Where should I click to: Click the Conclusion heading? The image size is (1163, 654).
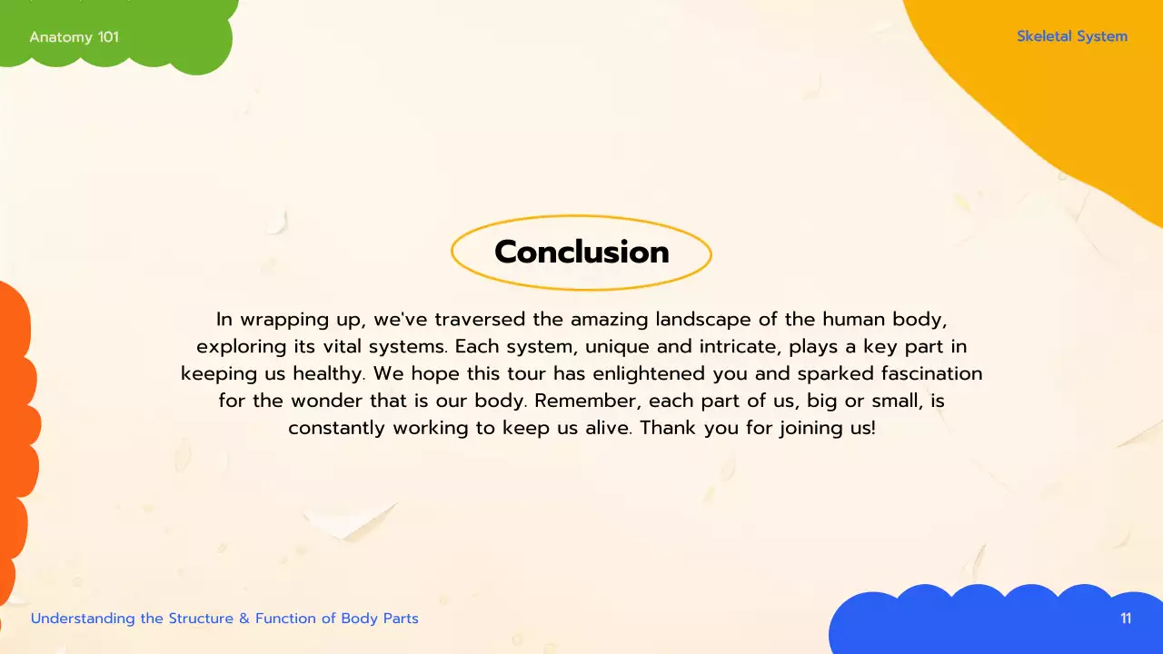click(581, 252)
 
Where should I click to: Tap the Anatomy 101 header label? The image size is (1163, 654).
click(74, 37)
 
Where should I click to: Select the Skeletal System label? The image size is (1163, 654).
click(1072, 36)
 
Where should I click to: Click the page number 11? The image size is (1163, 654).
click(1126, 619)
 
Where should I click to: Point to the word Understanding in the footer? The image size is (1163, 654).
click(83, 619)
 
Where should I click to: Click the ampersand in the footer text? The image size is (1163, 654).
click(244, 619)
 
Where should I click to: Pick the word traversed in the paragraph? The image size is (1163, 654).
click(480, 320)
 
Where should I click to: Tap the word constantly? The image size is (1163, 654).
click(336, 428)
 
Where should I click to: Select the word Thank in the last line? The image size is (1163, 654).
click(668, 428)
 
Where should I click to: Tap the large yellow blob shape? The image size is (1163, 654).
click(1072, 109)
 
